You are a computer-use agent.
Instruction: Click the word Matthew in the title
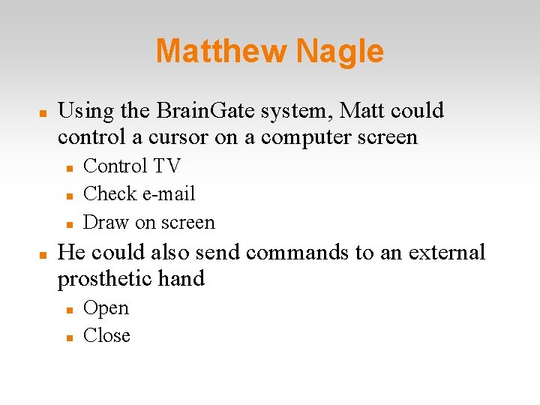[221, 52]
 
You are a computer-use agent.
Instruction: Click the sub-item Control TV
[132, 166]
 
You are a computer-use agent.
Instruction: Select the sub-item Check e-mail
[139, 193]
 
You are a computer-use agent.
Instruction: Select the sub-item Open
[106, 308]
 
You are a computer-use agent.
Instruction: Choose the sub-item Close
[106, 335]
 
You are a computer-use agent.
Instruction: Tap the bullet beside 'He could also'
[43, 253]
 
